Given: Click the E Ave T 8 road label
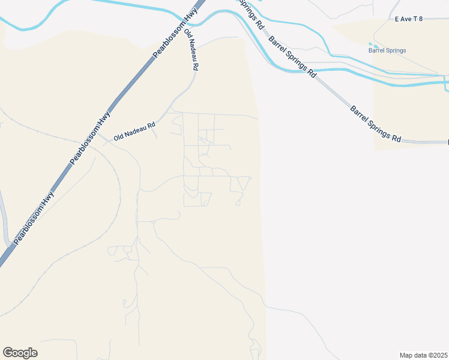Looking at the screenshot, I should (409, 19).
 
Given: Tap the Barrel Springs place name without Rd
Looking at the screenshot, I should (387, 50).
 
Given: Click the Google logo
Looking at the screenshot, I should (20, 353).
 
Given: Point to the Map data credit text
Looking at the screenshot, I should (423, 355).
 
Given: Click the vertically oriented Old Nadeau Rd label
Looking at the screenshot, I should (191, 50).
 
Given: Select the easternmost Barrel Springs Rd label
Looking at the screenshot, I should (376, 124).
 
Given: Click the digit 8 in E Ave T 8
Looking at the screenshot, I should (421, 19).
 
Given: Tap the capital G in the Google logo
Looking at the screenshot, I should (7, 352).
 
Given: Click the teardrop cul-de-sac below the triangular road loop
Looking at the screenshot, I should (238, 203).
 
